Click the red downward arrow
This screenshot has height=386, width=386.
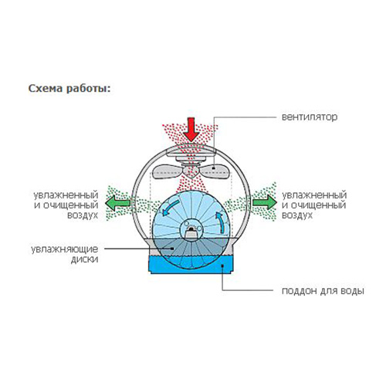click(191, 130)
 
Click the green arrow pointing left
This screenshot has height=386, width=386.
click(117, 203)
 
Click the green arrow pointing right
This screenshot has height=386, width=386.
click(265, 202)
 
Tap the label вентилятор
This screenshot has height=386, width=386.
click(310, 117)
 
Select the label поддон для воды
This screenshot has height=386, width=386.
click(323, 291)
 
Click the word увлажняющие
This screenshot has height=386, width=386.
click(65, 249)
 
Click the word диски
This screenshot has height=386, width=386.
click(85, 259)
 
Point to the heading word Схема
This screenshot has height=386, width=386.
click(46, 89)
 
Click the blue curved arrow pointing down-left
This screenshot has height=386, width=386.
click(170, 208)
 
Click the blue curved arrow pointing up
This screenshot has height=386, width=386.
click(219, 222)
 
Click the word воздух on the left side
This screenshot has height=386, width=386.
click(83, 215)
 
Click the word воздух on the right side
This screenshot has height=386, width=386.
click(297, 215)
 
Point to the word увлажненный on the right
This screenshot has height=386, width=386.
click(314, 195)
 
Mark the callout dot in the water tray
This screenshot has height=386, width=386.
click(222, 266)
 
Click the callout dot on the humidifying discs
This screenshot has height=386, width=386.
click(173, 249)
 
